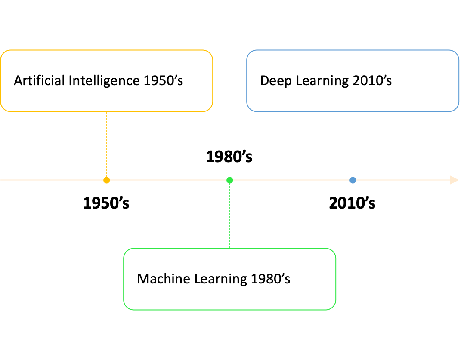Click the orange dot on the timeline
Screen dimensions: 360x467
click(107, 180)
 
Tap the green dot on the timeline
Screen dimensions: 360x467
click(230, 180)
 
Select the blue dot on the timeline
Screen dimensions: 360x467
click(353, 180)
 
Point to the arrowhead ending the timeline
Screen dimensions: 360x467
click(454, 180)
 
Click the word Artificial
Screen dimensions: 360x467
click(40, 80)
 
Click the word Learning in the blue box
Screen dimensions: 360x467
click(319, 81)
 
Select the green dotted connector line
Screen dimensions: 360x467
click(230, 215)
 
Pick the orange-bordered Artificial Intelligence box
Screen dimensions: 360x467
click(106, 99)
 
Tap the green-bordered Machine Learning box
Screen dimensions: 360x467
click(229, 297)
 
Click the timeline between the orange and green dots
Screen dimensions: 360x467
click(168, 180)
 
